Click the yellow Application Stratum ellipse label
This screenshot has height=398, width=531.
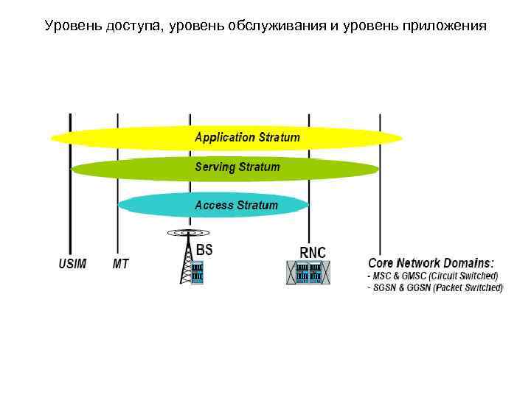247,137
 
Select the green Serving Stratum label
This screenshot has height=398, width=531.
237,167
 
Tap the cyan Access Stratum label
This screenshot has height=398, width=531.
236,205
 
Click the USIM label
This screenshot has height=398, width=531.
72,264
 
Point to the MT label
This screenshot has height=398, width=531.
120,264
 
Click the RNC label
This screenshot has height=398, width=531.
312,252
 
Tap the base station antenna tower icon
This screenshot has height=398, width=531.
184,262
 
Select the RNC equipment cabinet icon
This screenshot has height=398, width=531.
308,273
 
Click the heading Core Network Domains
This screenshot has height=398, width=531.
431,263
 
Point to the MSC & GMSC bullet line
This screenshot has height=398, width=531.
435,276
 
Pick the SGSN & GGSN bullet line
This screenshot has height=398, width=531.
435,287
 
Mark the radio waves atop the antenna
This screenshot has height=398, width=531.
184,233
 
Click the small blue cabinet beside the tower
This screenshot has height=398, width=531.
197,273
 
